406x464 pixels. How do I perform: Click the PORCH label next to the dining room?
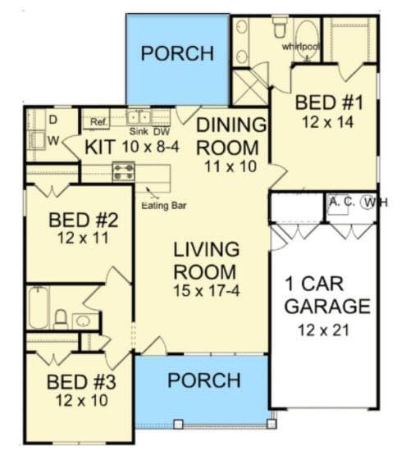point(176,53)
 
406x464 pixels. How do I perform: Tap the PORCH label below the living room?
point(203,380)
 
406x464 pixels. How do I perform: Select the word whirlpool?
point(300,47)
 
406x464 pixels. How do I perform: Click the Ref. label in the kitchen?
point(98,122)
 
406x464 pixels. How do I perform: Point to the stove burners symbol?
point(123,171)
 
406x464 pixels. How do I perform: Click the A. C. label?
point(342,201)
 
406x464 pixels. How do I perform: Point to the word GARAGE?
point(326,307)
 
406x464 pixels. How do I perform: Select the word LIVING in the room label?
point(206,248)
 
